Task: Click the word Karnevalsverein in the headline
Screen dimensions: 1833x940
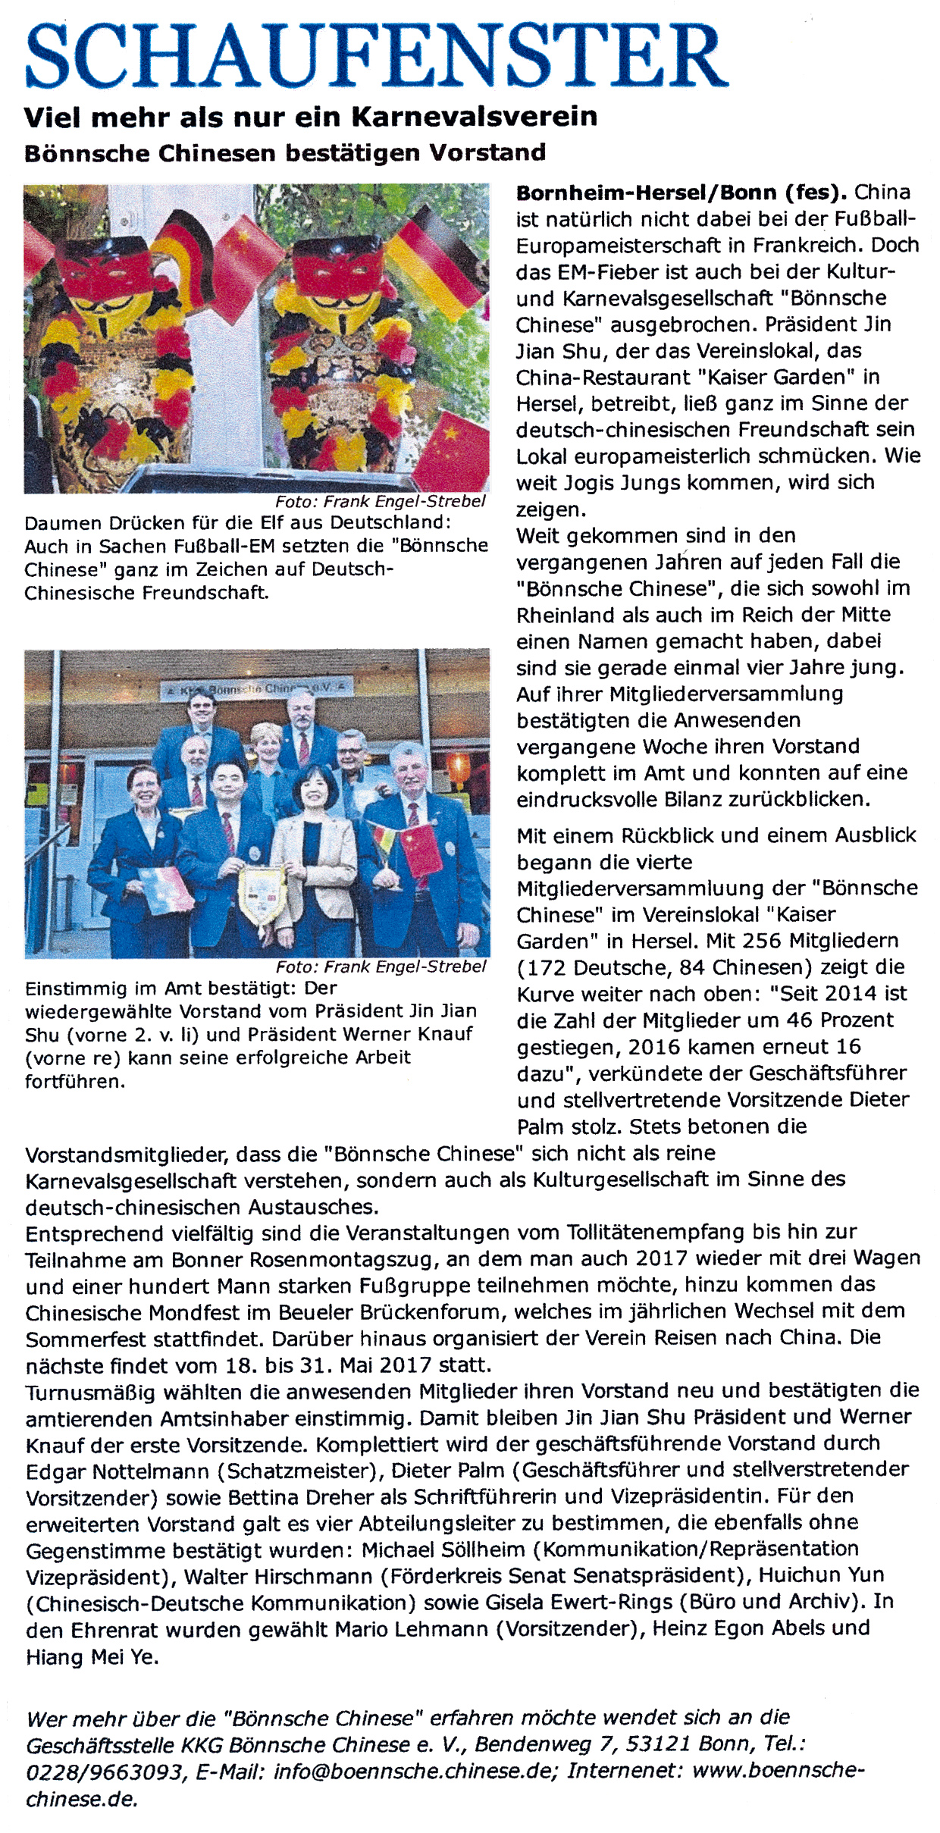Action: coord(475,117)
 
